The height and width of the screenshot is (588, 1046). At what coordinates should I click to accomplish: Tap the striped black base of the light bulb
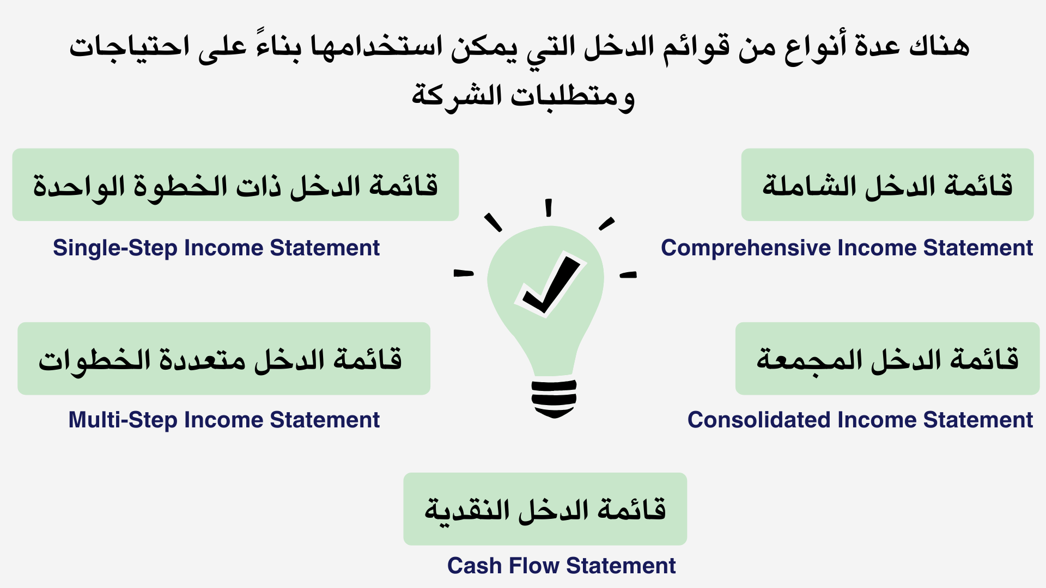(554, 398)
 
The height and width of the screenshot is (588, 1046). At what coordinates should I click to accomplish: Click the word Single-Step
(115, 248)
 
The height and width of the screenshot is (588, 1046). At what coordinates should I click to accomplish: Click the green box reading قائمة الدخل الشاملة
(887, 185)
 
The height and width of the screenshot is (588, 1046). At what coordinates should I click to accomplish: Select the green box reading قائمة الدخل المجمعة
(887, 358)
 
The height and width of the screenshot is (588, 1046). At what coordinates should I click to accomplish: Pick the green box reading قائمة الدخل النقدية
(545, 509)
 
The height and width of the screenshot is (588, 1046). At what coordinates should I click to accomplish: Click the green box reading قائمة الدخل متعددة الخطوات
(224, 358)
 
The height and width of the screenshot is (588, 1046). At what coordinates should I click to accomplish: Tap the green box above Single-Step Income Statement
(235, 185)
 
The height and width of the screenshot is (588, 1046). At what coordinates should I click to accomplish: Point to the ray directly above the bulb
(549, 207)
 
